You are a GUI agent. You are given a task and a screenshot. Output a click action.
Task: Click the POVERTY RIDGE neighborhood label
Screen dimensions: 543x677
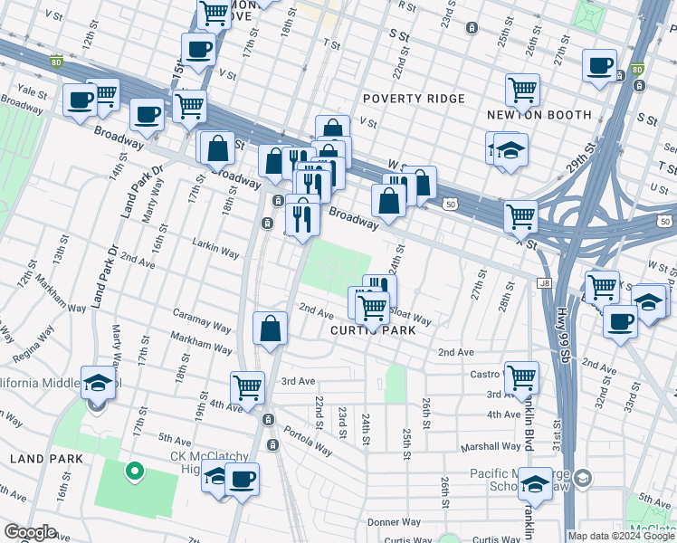pyautogui.click(x=414, y=98)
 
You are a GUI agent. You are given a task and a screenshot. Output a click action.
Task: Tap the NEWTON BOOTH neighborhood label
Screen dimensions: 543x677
pyautogui.click(x=539, y=115)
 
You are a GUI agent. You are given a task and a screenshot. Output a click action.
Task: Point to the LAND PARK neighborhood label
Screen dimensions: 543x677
pyautogui.click(x=46, y=459)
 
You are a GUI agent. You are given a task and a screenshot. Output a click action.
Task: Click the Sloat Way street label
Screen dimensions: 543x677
pyautogui.click(x=410, y=319)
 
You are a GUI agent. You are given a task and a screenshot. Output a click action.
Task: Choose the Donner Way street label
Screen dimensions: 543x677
pyautogui.click(x=394, y=522)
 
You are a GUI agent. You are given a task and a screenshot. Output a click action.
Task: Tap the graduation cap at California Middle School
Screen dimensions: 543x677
pyautogui.click(x=98, y=382)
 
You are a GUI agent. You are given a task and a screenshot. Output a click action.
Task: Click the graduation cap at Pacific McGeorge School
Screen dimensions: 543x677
pyautogui.click(x=535, y=485)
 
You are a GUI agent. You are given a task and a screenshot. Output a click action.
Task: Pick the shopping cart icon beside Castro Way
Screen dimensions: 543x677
pyautogui.click(x=521, y=376)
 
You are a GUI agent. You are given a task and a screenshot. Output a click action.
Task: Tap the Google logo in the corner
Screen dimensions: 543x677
pyautogui.click(x=30, y=532)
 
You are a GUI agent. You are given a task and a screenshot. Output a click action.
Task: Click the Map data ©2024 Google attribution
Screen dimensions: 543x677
pyautogui.click(x=620, y=536)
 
